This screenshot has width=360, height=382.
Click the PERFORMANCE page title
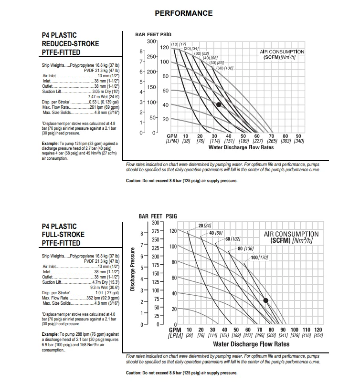[x=184, y=13]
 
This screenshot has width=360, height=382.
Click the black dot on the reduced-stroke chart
[x=219, y=104]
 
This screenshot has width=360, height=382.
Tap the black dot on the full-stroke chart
[x=265, y=300]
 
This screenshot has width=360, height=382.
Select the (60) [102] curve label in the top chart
[x=224, y=68]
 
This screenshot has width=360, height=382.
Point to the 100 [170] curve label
[x=259, y=258]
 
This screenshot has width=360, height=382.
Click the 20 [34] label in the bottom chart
[x=204, y=225]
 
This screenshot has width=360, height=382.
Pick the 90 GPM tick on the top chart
[x=299, y=136]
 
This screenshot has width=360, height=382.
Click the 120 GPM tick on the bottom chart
[x=318, y=330]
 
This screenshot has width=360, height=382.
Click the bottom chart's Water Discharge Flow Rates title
[x=251, y=344]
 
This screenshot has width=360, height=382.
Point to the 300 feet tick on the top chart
[x=151, y=42]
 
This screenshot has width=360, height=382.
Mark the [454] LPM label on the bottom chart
[x=318, y=336]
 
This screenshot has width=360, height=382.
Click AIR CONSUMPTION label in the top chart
[x=282, y=52]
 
